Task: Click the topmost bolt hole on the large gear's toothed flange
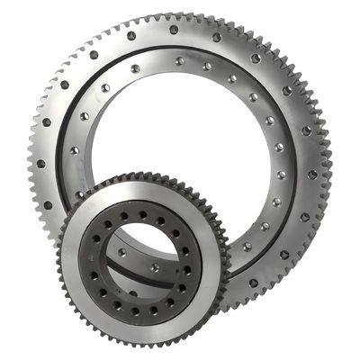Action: (x=174, y=29)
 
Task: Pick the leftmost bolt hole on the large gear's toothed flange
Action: (x=40, y=164)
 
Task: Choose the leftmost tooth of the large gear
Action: (x=28, y=162)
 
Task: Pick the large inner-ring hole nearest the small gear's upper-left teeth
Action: (x=82, y=193)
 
